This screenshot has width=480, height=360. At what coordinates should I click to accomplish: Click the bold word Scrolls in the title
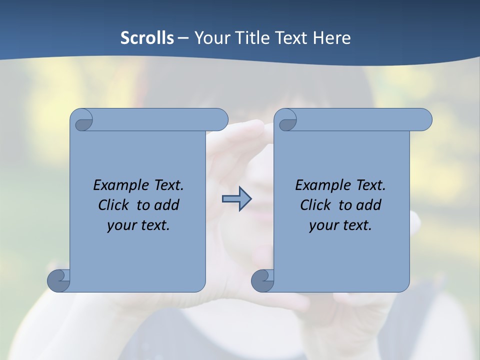pyautogui.click(x=147, y=38)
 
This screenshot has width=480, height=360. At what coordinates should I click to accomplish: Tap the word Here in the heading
pyautogui.click(x=332, y=38)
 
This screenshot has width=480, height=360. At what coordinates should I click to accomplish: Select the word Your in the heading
pyautogui.click(x=210, y=38)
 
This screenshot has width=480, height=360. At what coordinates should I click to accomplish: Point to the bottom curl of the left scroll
pyautogui.click(x=59, y=280)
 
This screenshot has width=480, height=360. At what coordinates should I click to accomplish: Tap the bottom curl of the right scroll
pyautogui.click(x=262, y=280)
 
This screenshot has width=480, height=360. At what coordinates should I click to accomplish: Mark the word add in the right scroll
pyautogui.click(x=368, y=205)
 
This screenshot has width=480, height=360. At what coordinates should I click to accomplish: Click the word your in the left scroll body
pyautogui.click(x=120, y=225)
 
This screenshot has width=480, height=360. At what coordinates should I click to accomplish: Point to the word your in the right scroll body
pyautogui.click(x=322, y=225)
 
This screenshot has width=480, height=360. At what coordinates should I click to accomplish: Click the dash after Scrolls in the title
pyautogui.click(x=183, y=38)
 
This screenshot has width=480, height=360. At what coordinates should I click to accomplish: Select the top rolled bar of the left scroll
pyautogui.click(x=160, y=119)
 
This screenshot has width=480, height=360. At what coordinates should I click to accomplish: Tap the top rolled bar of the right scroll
pyautogui.click(x=364, y=119)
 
